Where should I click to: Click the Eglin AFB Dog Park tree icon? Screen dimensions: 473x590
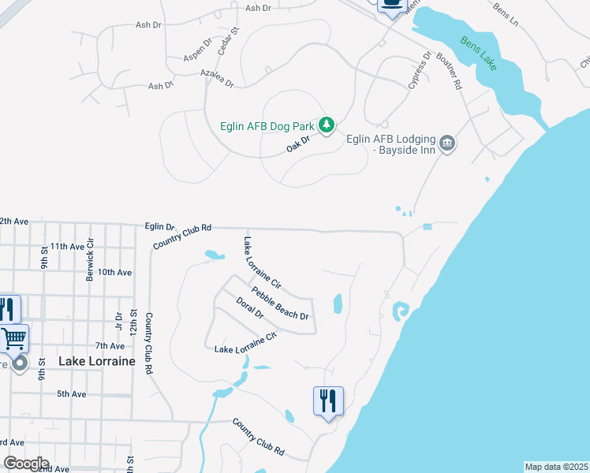pyautogui.click(x=327, y=125)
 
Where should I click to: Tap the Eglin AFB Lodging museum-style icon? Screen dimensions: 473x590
pyautogui.click(x=447, y=143)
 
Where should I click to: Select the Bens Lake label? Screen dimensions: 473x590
pyautogui.click(x=479, y=52)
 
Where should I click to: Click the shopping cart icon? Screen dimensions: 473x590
pyautogui.click(x=14, y=339)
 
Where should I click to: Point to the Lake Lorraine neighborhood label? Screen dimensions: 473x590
pyautogui.click(x=97, y=361)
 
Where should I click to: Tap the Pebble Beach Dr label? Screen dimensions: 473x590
pyautogui.click(x=279, y=304)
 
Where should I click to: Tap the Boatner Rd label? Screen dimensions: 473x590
pyautogui.click(x=449, y=72)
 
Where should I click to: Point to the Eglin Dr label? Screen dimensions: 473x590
pyautogui.click(x=159, y=226)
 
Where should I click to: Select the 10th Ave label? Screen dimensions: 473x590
pyautogui.click(x=115, y=272)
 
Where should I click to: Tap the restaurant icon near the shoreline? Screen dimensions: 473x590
pyautogui.click(x=327, y=401)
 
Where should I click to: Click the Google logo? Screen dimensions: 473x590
pyautogui.click(x=26, y=464)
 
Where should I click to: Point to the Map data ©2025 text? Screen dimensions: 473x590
pyautogui.click(x=556, y=467)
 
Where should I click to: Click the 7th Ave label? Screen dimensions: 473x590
pyautogui.click(x=110, y=346)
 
